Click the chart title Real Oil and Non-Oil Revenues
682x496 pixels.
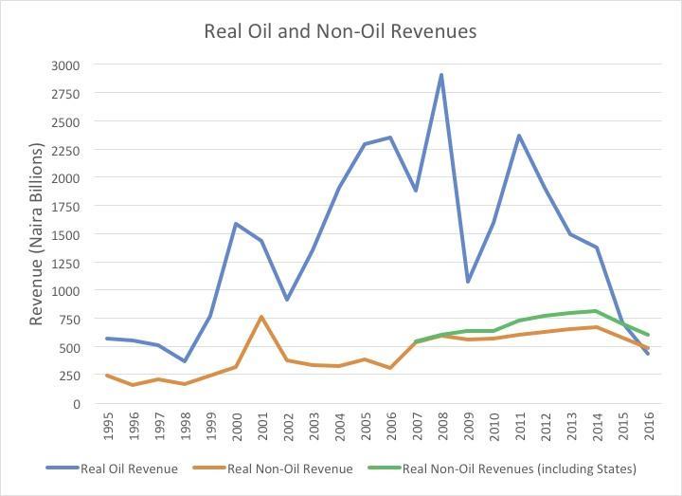point(340,31)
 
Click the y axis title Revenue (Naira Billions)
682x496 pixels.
point(37,234)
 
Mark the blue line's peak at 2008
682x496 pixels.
point(441,75)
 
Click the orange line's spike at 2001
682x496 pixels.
point(261,317)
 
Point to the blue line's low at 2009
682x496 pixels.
point(467,282)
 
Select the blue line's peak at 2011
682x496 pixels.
point(519,136)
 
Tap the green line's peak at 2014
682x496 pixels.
point(596,311)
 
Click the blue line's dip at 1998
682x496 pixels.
point(185,361)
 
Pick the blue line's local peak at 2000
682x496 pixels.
point(236,224)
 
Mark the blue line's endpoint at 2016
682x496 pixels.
point(647,353)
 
